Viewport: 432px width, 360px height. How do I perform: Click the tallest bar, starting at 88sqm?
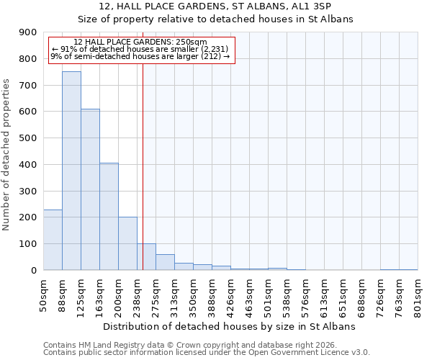(x=71, y=171)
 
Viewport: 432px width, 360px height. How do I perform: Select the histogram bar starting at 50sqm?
(x=53, y=240)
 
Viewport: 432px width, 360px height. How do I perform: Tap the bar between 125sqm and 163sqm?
(x=90, y=189)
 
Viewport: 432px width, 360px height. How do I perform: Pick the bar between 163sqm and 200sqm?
(x=109, y=216)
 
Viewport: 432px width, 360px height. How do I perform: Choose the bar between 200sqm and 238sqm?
(x=127, y=243)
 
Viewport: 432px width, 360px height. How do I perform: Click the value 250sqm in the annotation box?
(x=192, y=42)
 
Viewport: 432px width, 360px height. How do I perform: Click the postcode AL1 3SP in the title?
(x=310, y=6)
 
